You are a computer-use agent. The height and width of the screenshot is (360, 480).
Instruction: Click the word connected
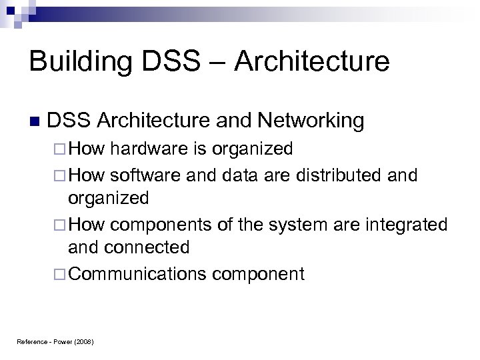(x=149, y=248)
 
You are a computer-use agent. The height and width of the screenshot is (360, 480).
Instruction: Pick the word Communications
(x=136, y=273)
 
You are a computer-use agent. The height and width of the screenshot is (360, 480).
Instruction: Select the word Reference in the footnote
(x=29, y=342)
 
